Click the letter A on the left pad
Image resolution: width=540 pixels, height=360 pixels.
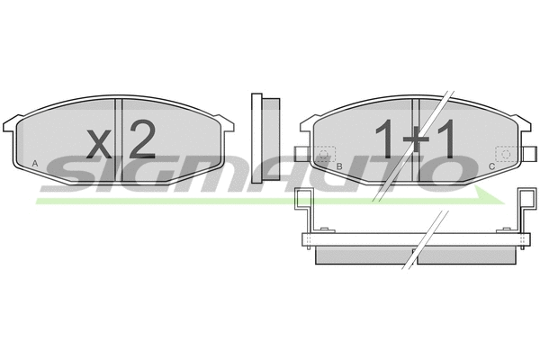[x=34, y=162]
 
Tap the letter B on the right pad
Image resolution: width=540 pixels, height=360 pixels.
[x=339, y=167]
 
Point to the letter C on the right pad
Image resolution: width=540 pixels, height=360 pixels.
[x=491, y=167]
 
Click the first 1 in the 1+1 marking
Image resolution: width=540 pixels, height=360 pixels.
[x=384, y=141]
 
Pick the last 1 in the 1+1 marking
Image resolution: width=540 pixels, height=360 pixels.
[x=445, y=141]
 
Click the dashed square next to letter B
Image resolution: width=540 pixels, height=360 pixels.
[x=325, y=154]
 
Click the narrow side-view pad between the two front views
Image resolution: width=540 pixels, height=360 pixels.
[x=258, y=135]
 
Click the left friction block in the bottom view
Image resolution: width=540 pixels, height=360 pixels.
[x=361, y=256]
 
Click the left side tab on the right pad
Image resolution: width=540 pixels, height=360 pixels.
[x=300, y=152]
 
